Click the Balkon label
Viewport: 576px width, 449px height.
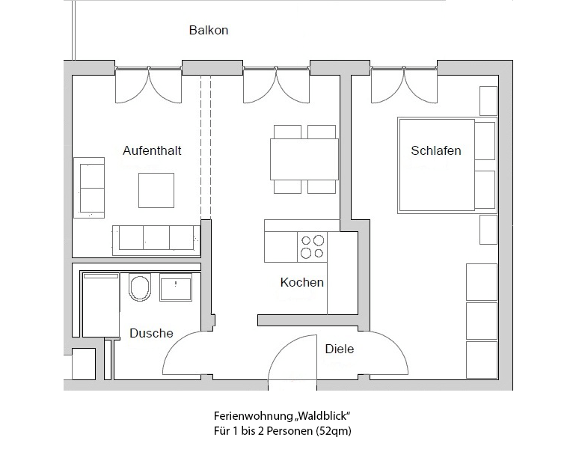point(208,30)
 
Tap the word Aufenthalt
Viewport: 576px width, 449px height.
point(152,150)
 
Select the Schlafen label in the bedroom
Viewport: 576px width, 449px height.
point(435,150)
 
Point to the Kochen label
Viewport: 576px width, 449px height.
point(301,282)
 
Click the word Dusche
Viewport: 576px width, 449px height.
point(151,333)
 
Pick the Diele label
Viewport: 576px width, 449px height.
point(340,349)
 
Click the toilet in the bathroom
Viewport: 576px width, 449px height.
point(140,287)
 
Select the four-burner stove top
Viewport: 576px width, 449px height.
point(312,246)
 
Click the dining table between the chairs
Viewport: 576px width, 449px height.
point(304,159)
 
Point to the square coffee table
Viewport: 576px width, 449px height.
point(156,190)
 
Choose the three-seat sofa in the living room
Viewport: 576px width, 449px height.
point(156,240)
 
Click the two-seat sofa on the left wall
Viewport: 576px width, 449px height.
point(89,188)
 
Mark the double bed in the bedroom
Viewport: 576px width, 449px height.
point(447,165)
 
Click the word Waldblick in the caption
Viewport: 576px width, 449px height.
point(322,416)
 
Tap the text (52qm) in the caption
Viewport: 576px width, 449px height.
point(334,430)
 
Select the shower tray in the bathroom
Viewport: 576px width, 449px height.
point(101,305)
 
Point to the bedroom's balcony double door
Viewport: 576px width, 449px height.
point(404,85)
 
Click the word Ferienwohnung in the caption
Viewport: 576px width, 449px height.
point(253,416)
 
